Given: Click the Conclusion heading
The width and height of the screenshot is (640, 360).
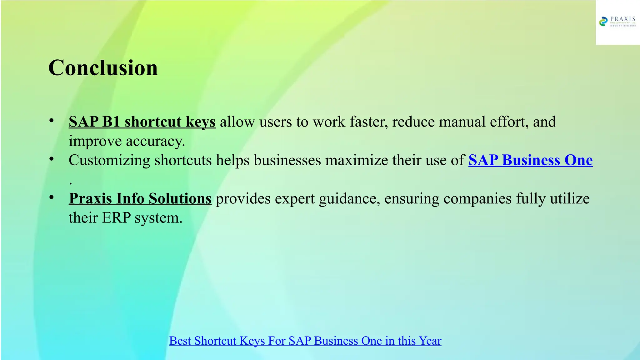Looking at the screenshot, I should click(103, 68).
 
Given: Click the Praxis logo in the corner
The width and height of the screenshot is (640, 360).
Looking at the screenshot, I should click(617, 22).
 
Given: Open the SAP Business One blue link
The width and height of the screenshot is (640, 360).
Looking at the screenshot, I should click(530, 160).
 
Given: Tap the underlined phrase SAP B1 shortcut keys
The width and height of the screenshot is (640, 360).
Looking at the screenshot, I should click(142, 122).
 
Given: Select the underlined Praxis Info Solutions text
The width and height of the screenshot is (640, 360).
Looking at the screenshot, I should click(140, 199).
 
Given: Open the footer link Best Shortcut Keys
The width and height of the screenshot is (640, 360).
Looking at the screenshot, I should click(305, 341).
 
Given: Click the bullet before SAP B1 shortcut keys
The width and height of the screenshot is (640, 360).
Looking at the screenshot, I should click(52, 121).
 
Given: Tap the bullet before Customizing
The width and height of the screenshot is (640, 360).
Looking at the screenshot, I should click(52, 159).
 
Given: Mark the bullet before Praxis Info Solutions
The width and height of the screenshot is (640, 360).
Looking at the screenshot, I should click(52, 197).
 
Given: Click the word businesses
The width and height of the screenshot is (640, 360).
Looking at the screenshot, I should click(287, 160).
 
